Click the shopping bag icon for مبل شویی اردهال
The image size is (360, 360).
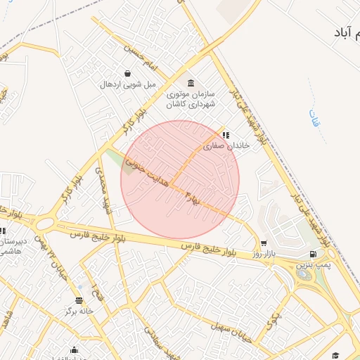pos(127,73)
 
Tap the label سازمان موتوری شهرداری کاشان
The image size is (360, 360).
pos(191,98)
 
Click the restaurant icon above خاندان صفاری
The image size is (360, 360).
pos(226,134)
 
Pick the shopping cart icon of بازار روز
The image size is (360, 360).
pos(264,243)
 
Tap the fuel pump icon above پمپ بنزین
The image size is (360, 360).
pos(311,254)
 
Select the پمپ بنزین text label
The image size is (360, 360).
pos(311,265)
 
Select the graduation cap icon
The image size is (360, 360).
pos(336,355)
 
